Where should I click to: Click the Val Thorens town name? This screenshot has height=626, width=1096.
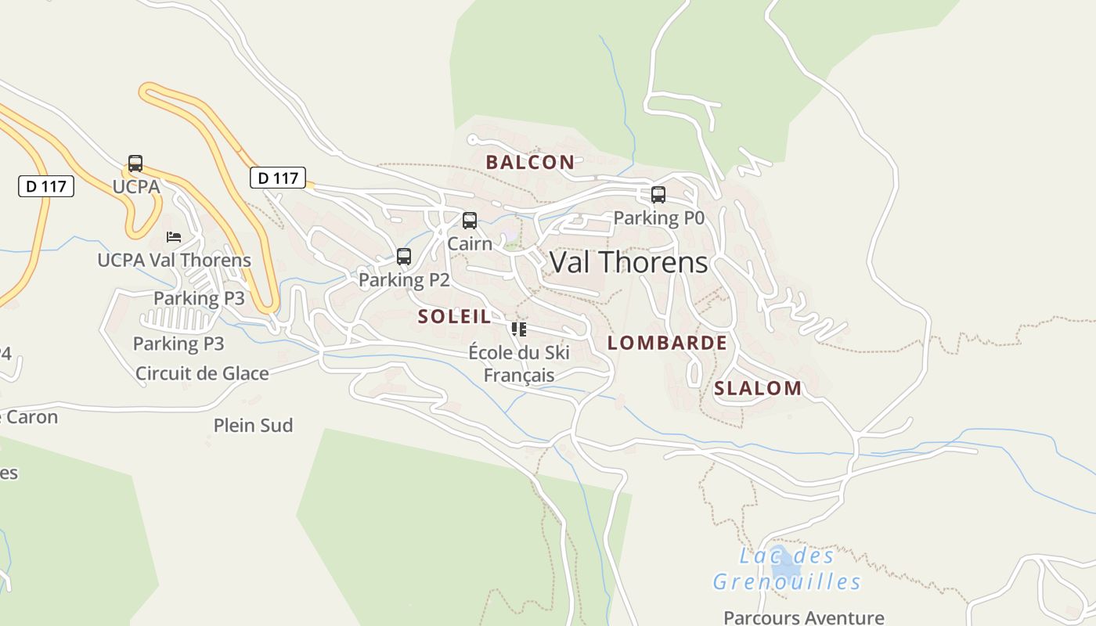click(629, 262)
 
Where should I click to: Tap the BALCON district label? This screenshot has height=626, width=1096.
click(530, 163)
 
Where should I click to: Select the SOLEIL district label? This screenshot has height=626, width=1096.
click(455, 317)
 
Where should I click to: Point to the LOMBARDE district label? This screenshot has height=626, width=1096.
click(667, 343)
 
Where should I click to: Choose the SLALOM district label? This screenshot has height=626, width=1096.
click(758, 388)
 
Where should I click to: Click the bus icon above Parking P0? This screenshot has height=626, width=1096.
click(658, 195)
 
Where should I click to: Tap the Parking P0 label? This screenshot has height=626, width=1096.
click(659, 218)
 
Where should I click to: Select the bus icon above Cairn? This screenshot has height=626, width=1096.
click(470, 221)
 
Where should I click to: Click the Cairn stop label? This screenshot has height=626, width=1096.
click(470, 243)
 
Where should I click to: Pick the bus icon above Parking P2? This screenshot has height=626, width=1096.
click(404, 257)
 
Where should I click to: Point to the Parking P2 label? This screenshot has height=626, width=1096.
click(404, 279)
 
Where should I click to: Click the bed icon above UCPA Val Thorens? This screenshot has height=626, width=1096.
click(174, 236)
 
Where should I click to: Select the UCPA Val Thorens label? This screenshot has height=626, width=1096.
click(174, 260)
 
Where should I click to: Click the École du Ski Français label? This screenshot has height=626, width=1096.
click(519, 364)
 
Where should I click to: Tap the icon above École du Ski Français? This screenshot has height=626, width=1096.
click(518, 329)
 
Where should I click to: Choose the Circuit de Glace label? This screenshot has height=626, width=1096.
click(202, 373)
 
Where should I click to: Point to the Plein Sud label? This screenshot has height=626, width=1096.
click(253, 426)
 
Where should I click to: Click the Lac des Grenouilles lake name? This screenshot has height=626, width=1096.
click(787, 569)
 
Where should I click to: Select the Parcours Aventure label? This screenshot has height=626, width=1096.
click(804, 617)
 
